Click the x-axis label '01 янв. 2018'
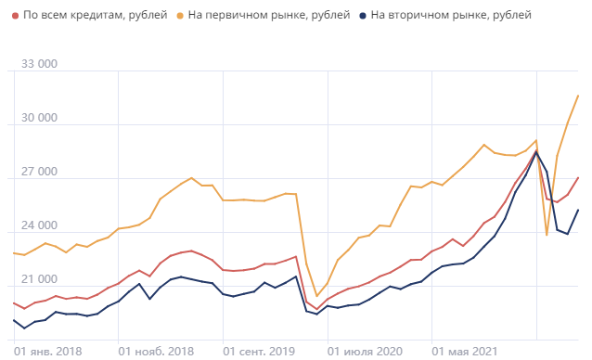point(48,351)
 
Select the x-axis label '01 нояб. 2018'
point(156,351)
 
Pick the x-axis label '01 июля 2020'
point(366,351)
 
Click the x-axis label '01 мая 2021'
point(467,351)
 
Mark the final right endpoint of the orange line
point(579,95)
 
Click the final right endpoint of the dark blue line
point(579,210)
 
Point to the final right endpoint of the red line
point(579,177)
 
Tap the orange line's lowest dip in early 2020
point(317,296)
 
